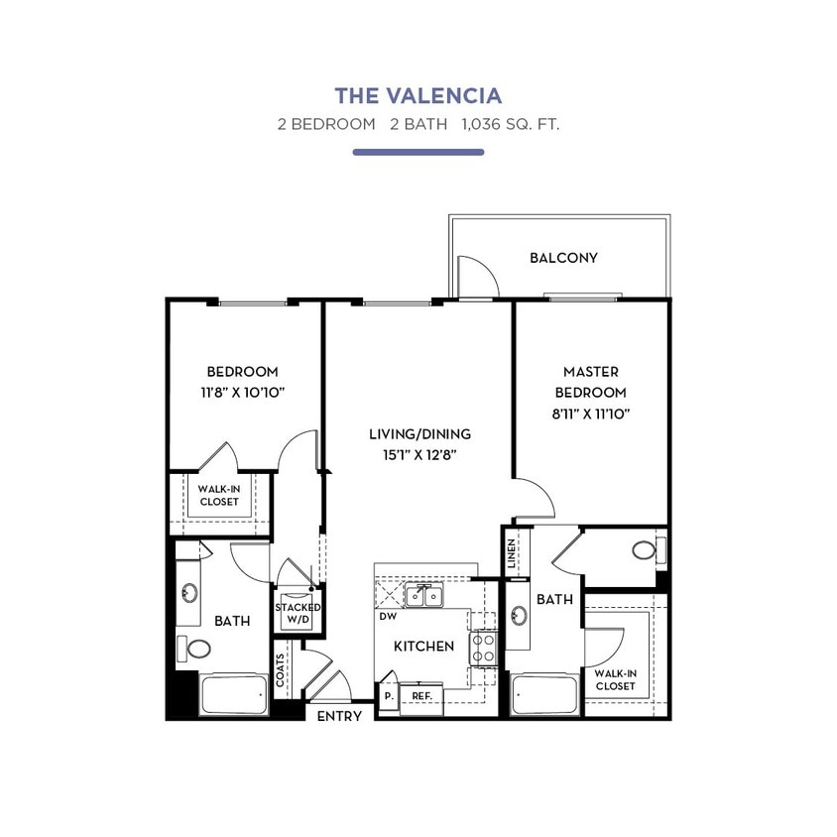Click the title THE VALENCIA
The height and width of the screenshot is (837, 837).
pyautogui.click(x=418, y=96)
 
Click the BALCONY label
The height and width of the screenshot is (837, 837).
pyautogui.click(x=563, y=258)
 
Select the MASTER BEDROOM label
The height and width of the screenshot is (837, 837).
pyautogui.click(x=590, y=382)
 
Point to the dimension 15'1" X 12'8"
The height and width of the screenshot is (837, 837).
pyautogui.click(x=418, y=455)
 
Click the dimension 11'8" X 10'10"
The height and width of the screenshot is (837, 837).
pyautogui.click(x=241, y=392)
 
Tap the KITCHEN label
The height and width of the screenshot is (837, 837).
pyautogui.click(x=423, y=646)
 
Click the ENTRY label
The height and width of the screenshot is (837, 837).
pyautogui.click(x=338, y=715)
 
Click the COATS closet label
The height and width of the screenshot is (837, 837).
pyautogui.click(x=283, y=669)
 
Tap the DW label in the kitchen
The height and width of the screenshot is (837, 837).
pyautogui.click(x=388, y=616)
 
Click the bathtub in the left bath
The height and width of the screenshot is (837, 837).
pyautogui.click(x=234, y=695)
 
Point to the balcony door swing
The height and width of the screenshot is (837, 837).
pyautogui.click(x=474, y=274)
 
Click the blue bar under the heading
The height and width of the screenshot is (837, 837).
pyautogui.click(x=418, y=152)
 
